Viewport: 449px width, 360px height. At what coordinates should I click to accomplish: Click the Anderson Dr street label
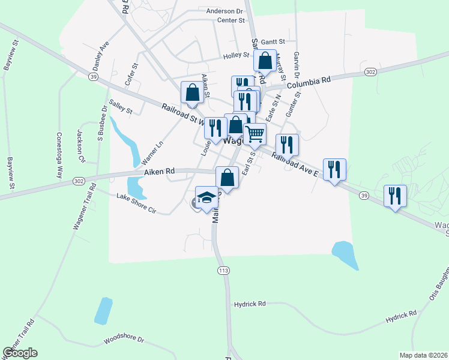click(x=224, y=11)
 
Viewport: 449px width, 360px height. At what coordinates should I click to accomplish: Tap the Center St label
click(x=232, y=20)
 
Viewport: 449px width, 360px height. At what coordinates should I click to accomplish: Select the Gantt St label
click(x=273, y=41)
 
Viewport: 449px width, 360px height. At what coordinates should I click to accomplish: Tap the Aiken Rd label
click(x=159, y=172)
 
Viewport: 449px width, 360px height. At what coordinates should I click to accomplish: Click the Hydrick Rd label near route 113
click(x=250, y=304)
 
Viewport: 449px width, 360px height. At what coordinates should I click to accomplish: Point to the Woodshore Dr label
click(x=124, y=340)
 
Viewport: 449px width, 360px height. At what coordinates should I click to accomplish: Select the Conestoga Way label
click(x=59, y=155)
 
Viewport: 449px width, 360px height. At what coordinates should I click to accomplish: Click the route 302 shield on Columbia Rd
click(x=370, y=72)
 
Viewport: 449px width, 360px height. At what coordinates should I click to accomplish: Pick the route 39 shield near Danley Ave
click(x=92, y=77)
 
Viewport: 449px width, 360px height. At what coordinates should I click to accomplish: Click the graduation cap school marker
click(x=206, y=198)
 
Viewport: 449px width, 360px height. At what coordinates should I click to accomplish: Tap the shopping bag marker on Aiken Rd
click(x=227, y=177)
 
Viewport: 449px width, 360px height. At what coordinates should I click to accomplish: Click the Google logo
click(x=20, y=353)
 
